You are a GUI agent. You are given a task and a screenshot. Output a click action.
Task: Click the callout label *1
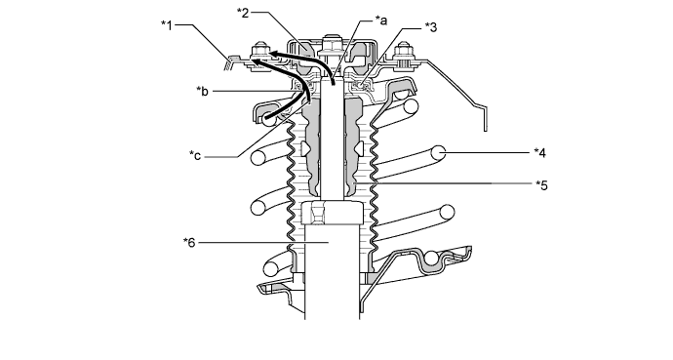point(167,25)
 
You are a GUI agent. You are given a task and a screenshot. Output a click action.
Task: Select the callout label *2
point(243,13)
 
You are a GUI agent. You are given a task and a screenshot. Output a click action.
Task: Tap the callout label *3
point(431,27)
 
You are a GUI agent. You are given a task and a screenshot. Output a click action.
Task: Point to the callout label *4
point(540,153)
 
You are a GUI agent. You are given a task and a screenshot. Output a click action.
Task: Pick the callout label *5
point(541,185)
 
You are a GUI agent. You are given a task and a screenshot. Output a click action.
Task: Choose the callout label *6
point(189,243)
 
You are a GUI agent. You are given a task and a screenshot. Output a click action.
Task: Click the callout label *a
point(381,20)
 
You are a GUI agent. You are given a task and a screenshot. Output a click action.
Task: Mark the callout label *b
point(203,92)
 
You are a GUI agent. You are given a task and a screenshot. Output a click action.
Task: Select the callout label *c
point(195,155)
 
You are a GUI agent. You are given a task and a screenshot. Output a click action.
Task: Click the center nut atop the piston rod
point(331,45)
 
